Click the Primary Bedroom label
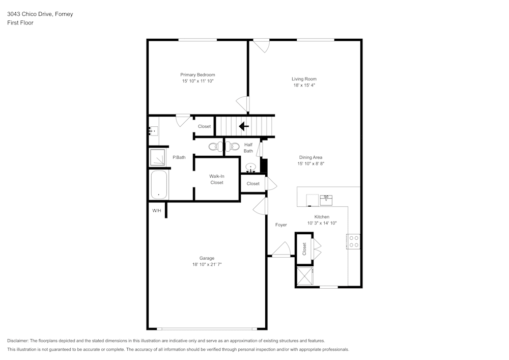tap(197, 75)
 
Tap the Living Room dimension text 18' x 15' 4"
tap(304, 86)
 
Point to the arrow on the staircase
tap(244, 126)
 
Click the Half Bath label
tap(248, 148)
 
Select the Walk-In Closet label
tap(217, 179)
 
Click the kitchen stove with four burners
tap(353, 241)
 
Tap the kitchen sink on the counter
tap(326, 200)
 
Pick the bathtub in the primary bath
tap(159, 184)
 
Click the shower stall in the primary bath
tap(157, 157)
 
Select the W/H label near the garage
tap(156, 211)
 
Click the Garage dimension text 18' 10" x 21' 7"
tap(207, 264)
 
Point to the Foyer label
tap(281, 225)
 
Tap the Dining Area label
tap(310, 157)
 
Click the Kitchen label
tap(322, 217)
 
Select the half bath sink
tap(250, 168)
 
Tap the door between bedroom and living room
tap(244, 103)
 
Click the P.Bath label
tap(179, 157)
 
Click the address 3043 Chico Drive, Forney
tap(40, 14)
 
